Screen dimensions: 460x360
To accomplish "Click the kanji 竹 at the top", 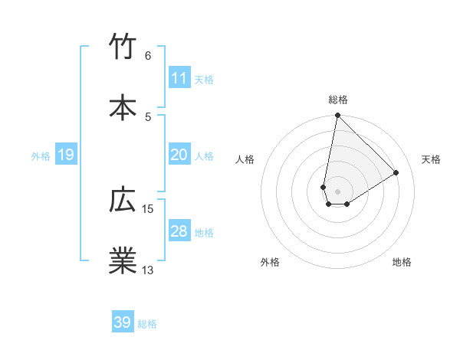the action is (123, 47).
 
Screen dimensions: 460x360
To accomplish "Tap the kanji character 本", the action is (123, 106).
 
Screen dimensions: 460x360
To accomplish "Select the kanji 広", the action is (123, 201).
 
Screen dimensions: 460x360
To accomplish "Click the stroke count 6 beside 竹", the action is (148, 56).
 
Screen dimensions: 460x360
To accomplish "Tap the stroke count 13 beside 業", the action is (148, 269).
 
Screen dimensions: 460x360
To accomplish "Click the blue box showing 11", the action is (179, 78).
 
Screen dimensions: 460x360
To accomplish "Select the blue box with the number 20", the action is (179, 155).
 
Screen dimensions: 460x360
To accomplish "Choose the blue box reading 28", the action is (179, 231).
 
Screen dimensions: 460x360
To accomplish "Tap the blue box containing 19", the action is (65, 155).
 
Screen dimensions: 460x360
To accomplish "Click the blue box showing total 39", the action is (123, 322).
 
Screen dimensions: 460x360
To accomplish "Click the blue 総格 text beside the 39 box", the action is (147, 324).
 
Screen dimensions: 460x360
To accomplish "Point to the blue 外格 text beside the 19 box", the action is (41, 156).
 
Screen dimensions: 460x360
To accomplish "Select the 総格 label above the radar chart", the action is (338, 100).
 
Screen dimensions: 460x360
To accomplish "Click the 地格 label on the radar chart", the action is (402, 262).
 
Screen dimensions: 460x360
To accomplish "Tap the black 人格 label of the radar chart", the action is (245, 159).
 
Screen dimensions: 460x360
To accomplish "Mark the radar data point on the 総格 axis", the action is (337, 116).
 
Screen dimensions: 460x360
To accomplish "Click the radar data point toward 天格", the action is (396, 172).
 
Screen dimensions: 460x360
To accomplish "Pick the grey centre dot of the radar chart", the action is (337, 191).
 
